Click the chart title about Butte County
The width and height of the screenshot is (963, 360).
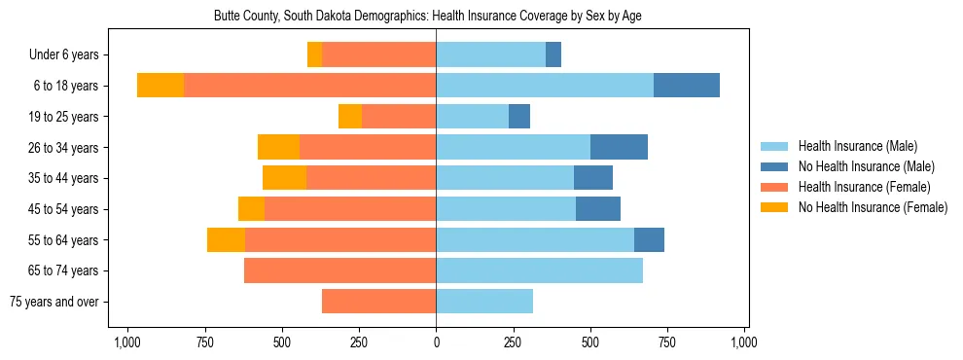click(427, 16)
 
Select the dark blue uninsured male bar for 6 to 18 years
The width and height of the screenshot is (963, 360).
click(687, 86)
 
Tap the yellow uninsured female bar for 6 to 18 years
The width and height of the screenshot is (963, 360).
click(160, 86)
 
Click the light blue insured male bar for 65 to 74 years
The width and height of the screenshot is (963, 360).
click(539, 270)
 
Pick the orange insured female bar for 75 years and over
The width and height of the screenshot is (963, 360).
click(378, 302)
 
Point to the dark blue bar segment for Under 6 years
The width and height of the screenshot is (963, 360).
click(553, 54)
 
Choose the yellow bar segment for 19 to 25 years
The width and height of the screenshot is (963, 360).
click(350, 117)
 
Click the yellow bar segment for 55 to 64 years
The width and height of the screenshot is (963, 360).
click(226, 239)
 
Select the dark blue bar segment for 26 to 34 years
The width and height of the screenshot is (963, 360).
click(619, 147)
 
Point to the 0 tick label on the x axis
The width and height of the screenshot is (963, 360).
click(436, 343)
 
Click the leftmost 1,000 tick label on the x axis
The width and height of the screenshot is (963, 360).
click(127, 343)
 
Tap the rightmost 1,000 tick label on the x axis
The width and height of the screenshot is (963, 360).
click(744, 343)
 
